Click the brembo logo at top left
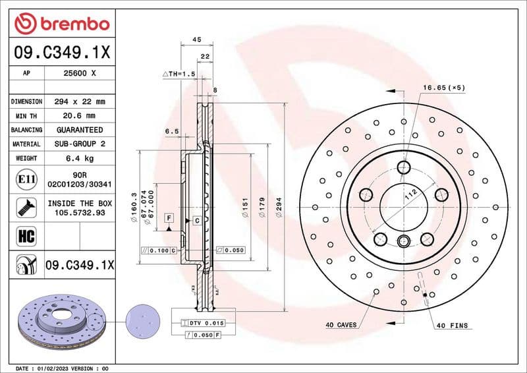(x=61, y=24)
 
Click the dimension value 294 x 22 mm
(x=80, y=101)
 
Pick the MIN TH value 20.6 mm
(x=80, y=115)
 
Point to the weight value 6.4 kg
(x=80, y=158)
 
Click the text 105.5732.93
(x=80, y=213)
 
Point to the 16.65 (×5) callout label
(x=443, y=88)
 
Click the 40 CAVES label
(x=341, y=325)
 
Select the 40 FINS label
(x=452, y=325)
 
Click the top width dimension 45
(x=196, y=40)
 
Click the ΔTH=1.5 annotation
(x=179, y=74)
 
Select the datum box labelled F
(x=169, y=217)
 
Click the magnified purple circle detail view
(x=142, y=322)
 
